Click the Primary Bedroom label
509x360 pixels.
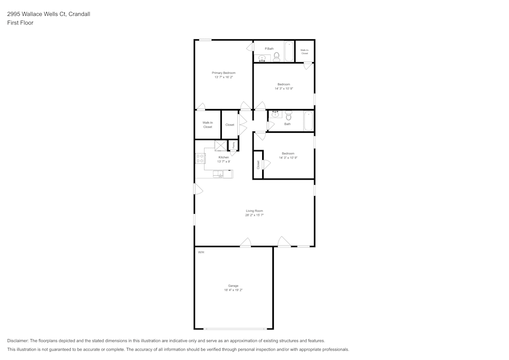pos(223,73)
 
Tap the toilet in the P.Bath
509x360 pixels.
pos(277,57)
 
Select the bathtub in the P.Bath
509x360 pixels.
pos(289,51)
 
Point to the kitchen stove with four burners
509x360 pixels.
pos(200,158)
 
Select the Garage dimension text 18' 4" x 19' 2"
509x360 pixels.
pos(233,290)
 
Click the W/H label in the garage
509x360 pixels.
pos(201,252)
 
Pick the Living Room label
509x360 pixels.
pos(254,211)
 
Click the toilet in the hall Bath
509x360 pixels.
pos(288,115)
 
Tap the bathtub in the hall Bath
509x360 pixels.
pos(307,121)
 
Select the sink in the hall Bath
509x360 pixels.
pos(275,114)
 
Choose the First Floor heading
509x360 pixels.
pos(20,23)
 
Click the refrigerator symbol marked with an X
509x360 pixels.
pos(221,146)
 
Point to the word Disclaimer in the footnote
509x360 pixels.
pos(18,341)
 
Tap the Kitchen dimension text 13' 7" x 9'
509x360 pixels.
pos(223,161)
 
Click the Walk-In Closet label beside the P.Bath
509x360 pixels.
pos(304,51)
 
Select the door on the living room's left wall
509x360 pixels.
pos(197,189)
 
